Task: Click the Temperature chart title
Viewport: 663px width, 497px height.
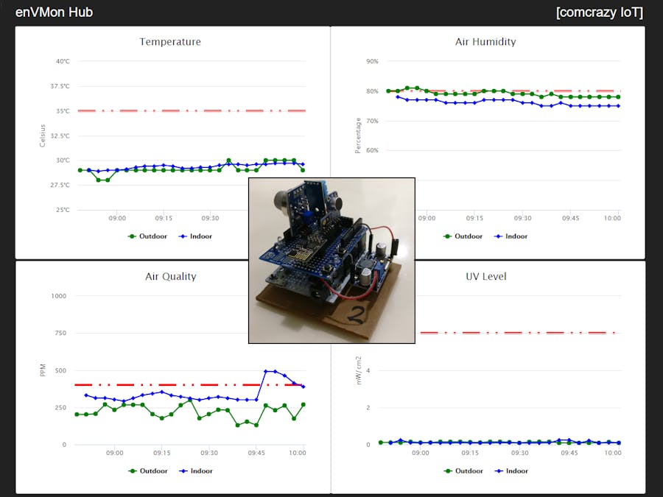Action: pyautogui.click(x=170, y=42)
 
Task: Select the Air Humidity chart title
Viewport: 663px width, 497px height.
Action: pyautogui.click(x=485, y=42)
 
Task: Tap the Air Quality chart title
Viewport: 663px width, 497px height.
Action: pyautogui.click(x=170, y=277)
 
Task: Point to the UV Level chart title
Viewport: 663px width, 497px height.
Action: pyautogui.click(x=485, y=277)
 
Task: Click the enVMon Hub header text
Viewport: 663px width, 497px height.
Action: pyautogui.click(x=54, y=13)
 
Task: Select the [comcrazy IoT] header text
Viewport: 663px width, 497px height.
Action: pyautogui.click(x=599, y=13)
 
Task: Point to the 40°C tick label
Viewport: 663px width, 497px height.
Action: pyautogui.click(x=63, y=62)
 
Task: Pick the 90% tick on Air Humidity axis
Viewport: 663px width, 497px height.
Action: pyautogui.click(x=372, y=62)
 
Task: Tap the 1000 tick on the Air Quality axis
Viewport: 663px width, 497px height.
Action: pyautogui.click(x=58, y=296)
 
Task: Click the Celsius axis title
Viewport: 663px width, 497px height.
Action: pyautogui.click(x=43, y=135)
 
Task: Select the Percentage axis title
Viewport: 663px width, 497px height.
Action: pyautogui.click(x=358, y=135)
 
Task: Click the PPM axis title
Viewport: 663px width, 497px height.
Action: pyautogui.click(x=43, y=370)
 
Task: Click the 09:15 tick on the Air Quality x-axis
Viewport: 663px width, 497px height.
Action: pyautogui.click(x=161, y=454)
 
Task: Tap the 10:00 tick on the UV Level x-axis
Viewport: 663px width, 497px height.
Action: pyautogui.click(x=612, y=454)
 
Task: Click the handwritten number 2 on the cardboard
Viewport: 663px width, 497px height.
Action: pyautogui.click(x=356, y=315)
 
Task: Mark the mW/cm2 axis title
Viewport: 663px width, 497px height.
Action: pyautogui.click(x=359, y=370)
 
